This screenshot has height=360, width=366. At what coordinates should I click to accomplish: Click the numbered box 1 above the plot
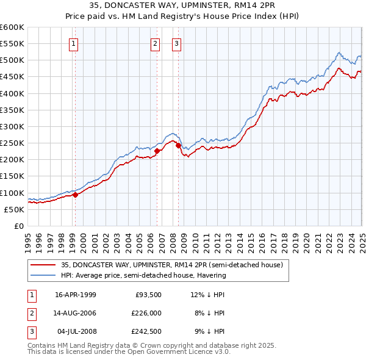coord(73,43)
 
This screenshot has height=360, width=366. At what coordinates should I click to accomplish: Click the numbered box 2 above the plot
coord(155,43)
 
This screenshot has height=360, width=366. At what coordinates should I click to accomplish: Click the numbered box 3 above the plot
coord(176,43)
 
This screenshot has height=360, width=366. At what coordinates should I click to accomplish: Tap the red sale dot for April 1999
coord(76,195)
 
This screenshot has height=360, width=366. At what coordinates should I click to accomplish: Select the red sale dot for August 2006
coord(157,151)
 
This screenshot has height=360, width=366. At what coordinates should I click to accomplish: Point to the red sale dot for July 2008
coord(178,145)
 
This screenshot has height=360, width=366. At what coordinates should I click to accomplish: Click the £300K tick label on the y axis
coord(12,126)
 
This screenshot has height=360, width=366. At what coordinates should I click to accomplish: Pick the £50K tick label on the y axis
coord(14,209)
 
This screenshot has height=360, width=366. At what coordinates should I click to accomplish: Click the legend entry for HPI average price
coord(143,275)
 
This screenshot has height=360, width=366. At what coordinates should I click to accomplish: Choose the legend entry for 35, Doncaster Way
coord(171,265)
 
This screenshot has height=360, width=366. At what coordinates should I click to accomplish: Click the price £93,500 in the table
coord(148,295)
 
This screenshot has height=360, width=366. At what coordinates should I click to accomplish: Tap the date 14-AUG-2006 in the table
coord(76,313)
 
